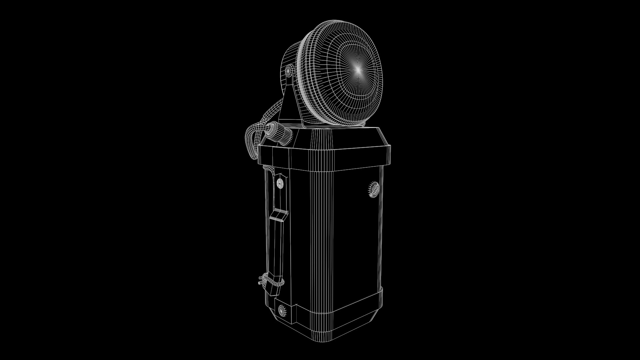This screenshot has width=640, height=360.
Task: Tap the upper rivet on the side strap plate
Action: pyautogui.click(x=280, y=182)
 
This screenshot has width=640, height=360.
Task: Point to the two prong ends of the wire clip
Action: pyautogui.click(x=259, y=282)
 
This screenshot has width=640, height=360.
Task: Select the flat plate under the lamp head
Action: pyautogui.click(x=333, y=127)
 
